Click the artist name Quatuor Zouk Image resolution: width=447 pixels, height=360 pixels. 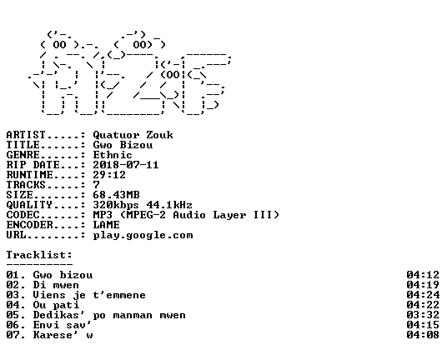(x=133, y=135)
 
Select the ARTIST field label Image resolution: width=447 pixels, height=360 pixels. (x=26, y=135)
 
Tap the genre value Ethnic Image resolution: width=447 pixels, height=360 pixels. (x=113, y=155)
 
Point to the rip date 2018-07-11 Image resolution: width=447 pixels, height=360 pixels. (x=126, y=165)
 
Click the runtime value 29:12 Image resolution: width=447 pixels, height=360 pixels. (x=109, y=175)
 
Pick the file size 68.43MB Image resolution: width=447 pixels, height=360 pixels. (x=116, y=195)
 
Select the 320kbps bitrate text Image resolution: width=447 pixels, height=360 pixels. (x=116, y=205)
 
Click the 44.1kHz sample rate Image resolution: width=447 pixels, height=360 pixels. (x=169, y=205)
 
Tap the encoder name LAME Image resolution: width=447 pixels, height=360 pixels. (x=107, y=225)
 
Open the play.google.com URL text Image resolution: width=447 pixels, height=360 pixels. (x=143, y=236)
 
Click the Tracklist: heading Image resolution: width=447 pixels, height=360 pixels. (x=39, y=255)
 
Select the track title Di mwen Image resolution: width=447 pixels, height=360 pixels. (x=56, y=285)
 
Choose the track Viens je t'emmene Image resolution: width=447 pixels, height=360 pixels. (x=89, y=295)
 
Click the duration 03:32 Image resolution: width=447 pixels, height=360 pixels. (x=423, y=315)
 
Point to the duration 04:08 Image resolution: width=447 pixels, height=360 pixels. (x=423, y=335)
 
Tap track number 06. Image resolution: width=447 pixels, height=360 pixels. (x=13, y=325)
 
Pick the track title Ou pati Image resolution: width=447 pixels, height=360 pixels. (x=56, y=305)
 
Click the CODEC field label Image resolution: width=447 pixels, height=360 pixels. (x=23, y=215)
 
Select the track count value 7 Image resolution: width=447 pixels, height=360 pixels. (x=97, y=185)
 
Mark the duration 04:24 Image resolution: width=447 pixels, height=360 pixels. (x=423, y=295)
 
